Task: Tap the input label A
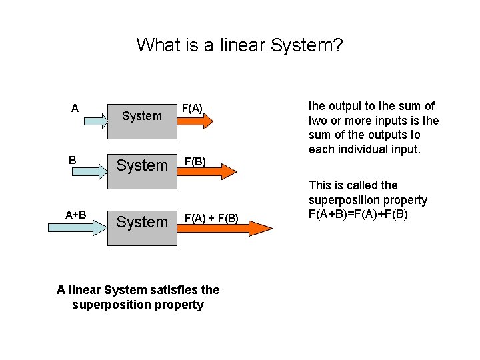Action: tap(75, 108)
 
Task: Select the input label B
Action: tap(74, 160)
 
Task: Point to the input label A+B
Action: tap(75, 214)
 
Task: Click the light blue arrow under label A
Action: tap(77, 121)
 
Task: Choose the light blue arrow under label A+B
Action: tap(77, 227)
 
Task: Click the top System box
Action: tap(141, 116)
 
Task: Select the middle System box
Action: tap(141, 165)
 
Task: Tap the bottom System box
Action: tap(141, 221)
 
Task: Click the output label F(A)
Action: tap(192, 108)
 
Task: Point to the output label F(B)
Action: tap(195, 161)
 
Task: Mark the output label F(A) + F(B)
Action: tap(211, 217)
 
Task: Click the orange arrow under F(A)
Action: tap(197, 121)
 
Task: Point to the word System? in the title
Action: tap(309, 45)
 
